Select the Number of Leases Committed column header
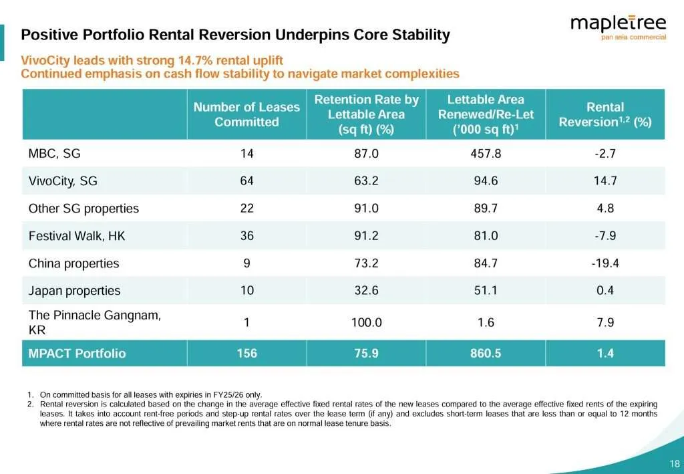246,114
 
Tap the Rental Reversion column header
605,114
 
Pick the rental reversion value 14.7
605,181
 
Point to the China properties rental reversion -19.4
605,263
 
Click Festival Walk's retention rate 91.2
366,235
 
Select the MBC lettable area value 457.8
486,153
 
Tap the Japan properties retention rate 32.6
366,290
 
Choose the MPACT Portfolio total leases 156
246,353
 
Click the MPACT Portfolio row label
77,353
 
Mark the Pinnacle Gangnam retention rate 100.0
366,322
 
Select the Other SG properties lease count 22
246,208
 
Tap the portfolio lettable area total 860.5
486,353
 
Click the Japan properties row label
74,290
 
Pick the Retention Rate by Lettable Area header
366,114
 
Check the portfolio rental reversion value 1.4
605,353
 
